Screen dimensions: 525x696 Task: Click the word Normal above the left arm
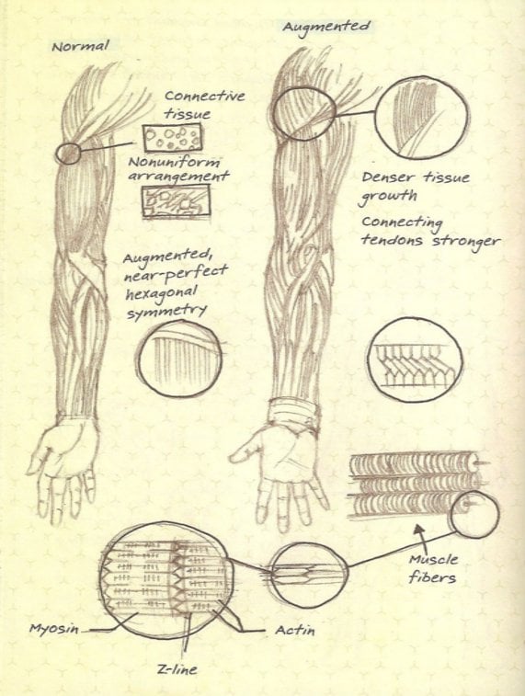coord(80,46)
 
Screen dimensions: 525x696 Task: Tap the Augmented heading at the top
coord(326,27)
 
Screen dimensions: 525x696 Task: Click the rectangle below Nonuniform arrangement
coord(177,202)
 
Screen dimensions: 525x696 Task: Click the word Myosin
coord(53,629)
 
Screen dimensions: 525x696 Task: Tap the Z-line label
coord(177,668)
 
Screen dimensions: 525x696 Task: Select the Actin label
coord(295,630)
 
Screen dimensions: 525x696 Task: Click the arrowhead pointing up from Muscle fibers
coord(418,530)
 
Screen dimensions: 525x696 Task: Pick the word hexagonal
coord(161,293)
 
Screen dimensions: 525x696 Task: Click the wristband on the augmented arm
coord(294,412)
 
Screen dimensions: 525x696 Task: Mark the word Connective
coord(204,96)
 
